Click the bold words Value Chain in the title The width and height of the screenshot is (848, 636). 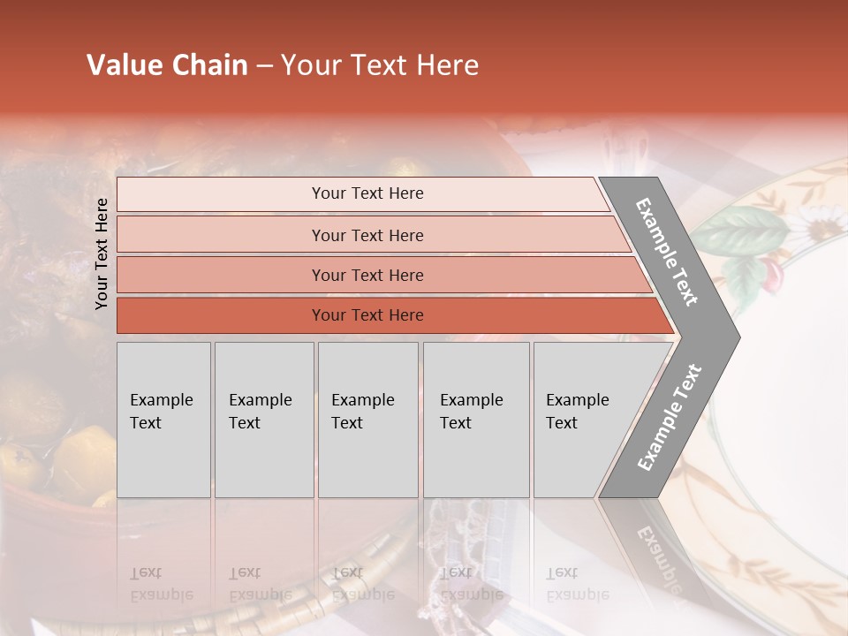point(167,65)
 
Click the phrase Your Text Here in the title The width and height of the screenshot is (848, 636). point(380,65)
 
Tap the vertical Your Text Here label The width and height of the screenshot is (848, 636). point(102,254)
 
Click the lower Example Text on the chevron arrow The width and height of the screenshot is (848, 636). point(669,418)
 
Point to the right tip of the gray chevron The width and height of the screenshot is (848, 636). point(738,337)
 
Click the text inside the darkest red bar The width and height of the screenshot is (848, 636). point(367,315)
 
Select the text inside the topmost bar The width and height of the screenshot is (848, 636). point(367,193)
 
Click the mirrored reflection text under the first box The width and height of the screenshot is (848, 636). point(162,584)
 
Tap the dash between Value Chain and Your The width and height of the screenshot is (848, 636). point(264,66)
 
